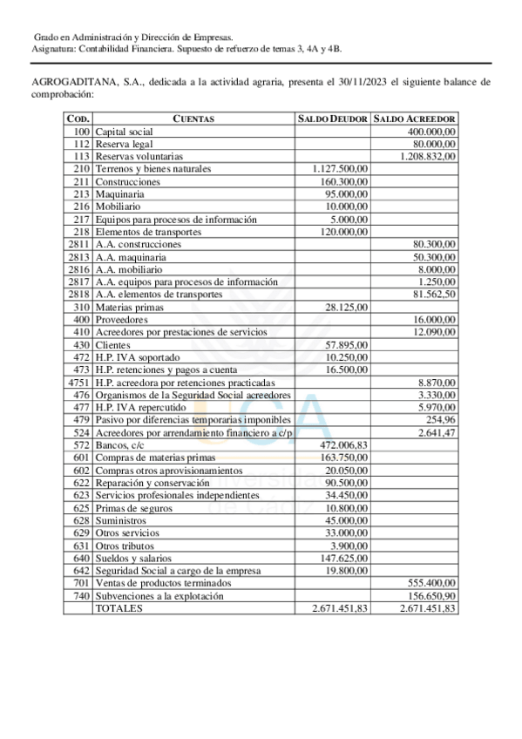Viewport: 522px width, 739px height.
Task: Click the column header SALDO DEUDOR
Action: [334, 119]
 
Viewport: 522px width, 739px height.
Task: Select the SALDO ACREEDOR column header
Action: [414, 119]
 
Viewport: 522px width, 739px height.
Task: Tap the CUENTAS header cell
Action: [193, 119]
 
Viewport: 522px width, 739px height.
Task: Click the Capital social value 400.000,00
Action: [432, 131]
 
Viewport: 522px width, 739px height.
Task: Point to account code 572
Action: [82, 445]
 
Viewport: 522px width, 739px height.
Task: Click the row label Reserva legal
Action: [124, 143]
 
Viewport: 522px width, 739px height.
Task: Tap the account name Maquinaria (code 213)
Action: [120, 193]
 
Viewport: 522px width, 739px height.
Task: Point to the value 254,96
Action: [443, 420]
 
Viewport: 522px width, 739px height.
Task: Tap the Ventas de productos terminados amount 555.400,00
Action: [432, 584]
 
